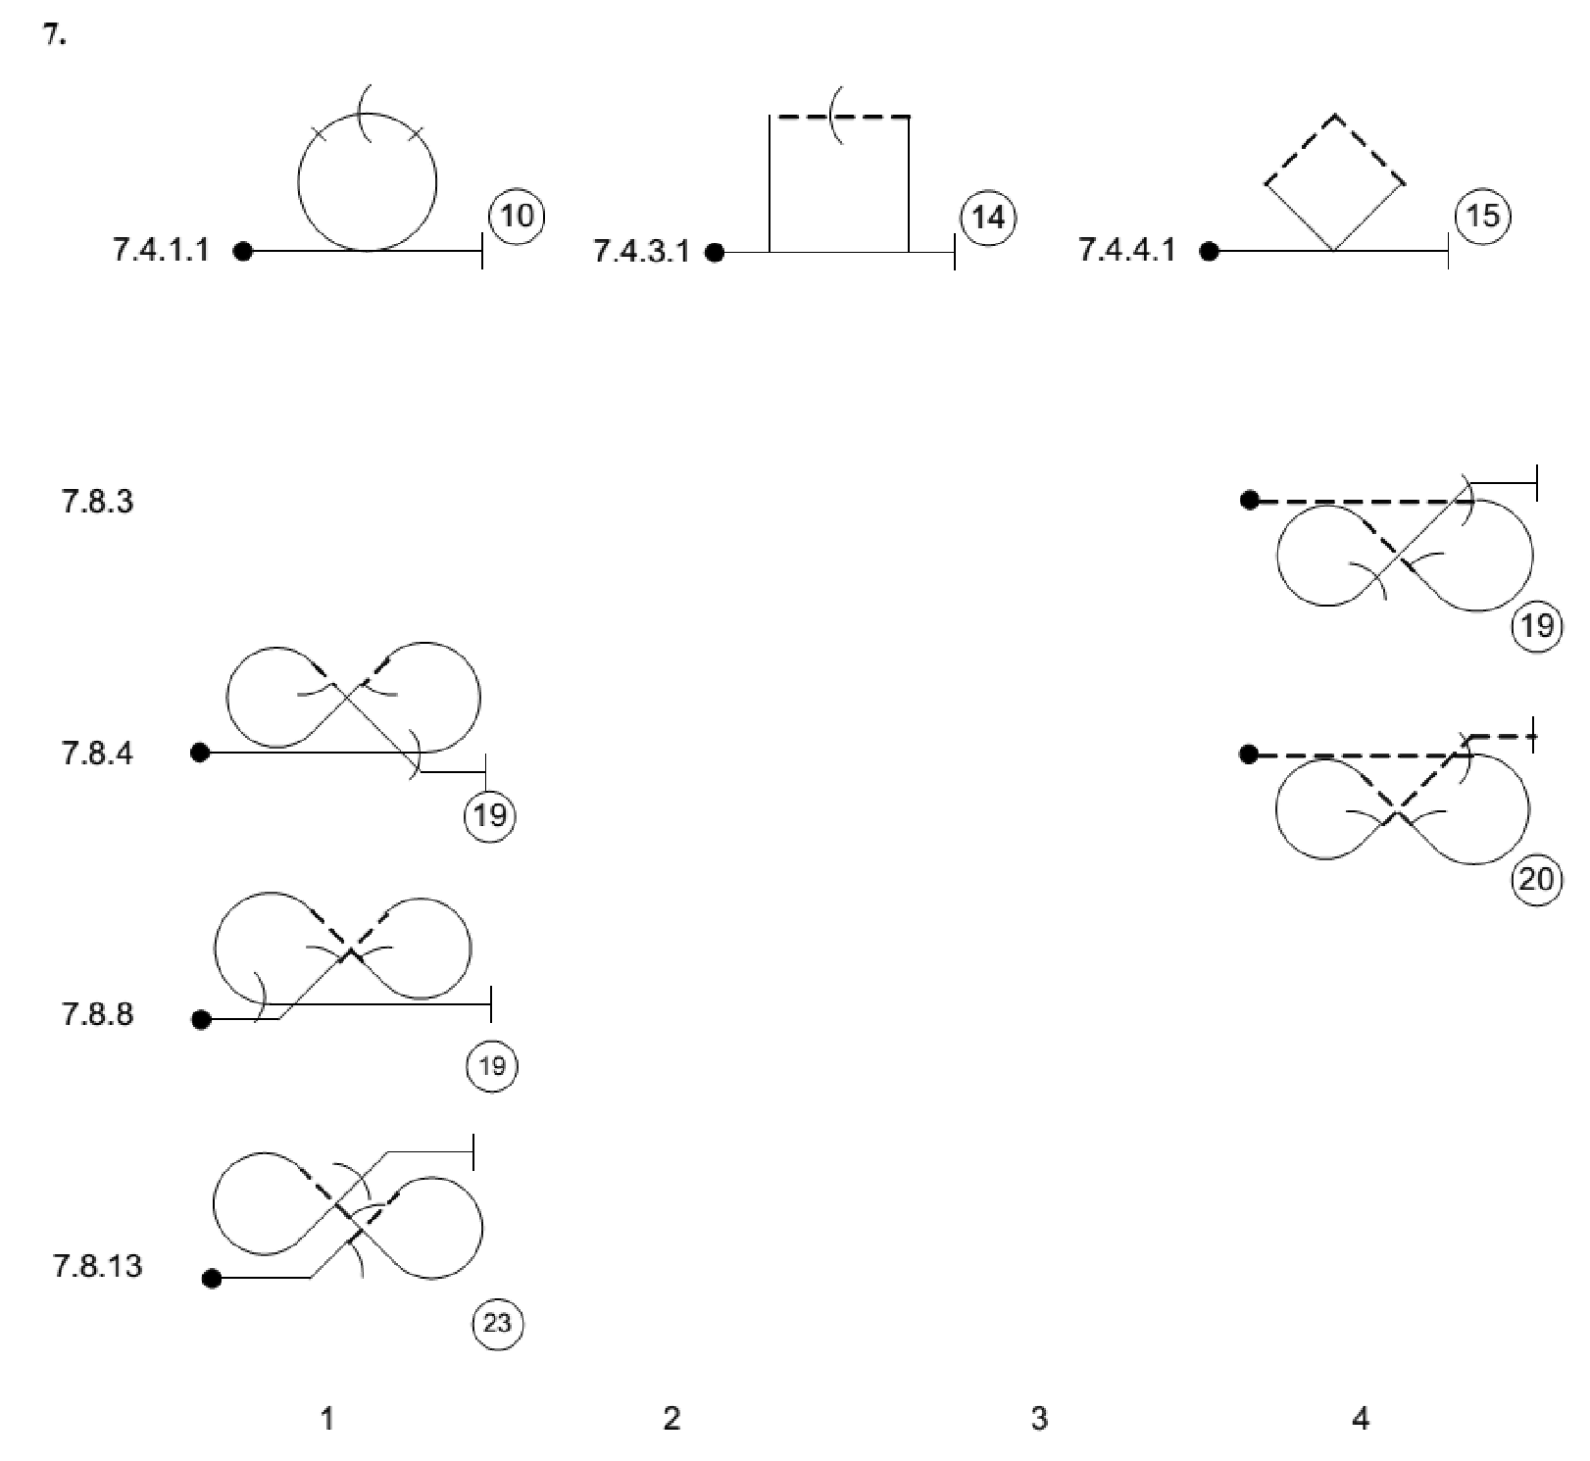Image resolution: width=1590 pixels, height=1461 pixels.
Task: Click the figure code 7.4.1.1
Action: pyautogui.click(x=161, y=251)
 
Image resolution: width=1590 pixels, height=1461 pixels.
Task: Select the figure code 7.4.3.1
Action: pyautogui.click(x=641, y=252)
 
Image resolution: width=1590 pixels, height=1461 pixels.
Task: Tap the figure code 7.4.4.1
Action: pyautogui.click(x=1126, y=251)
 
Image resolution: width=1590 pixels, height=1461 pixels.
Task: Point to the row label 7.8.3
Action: pyautogui.click(x=97, y=502)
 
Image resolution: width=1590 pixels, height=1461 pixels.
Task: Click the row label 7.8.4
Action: pyautogui.click(x=97, y=754)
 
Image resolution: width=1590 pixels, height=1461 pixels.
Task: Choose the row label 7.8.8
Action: pyautogui.click(x=97, y=1013)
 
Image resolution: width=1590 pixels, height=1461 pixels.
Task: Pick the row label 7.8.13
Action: pyautogui.click(x=97, y=1266)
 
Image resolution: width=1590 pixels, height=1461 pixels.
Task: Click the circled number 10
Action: pyautogui.click(x=517, y=216)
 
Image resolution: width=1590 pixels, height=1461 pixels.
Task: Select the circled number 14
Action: pyautogui.click(x=987, y=217)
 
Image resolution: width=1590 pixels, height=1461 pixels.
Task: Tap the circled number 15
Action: pyautogui.click(x=1482, y=216)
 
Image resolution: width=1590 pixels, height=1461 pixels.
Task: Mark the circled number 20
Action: pyautogui.click(x=1536, y=880)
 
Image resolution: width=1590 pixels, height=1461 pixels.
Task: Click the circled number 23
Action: pyautogui.click(x=497, y=1324)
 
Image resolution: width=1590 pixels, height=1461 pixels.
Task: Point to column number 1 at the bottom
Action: pyautogui.click(x=327, y=1418)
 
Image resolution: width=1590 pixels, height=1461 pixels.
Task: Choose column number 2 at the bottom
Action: pyautogui.click(x=671, y=1418)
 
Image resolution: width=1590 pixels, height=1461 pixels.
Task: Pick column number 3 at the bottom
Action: pyautogui.click(x=1039, y=1418)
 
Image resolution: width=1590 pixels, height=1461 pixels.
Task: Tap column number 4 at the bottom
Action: pyautogui.click(x=1360, y=1418)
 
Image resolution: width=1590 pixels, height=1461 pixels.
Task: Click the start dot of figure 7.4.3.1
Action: pyautogui.click(x=715, y=253)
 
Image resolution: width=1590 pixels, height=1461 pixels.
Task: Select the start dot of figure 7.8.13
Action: pyautogui.click(x=212, y=1278)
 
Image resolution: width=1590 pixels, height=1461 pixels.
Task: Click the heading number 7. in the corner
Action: pyautogui.click(x=55, y=37)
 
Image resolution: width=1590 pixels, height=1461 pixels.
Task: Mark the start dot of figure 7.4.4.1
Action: pyautogui.click(x=1210, y=252)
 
